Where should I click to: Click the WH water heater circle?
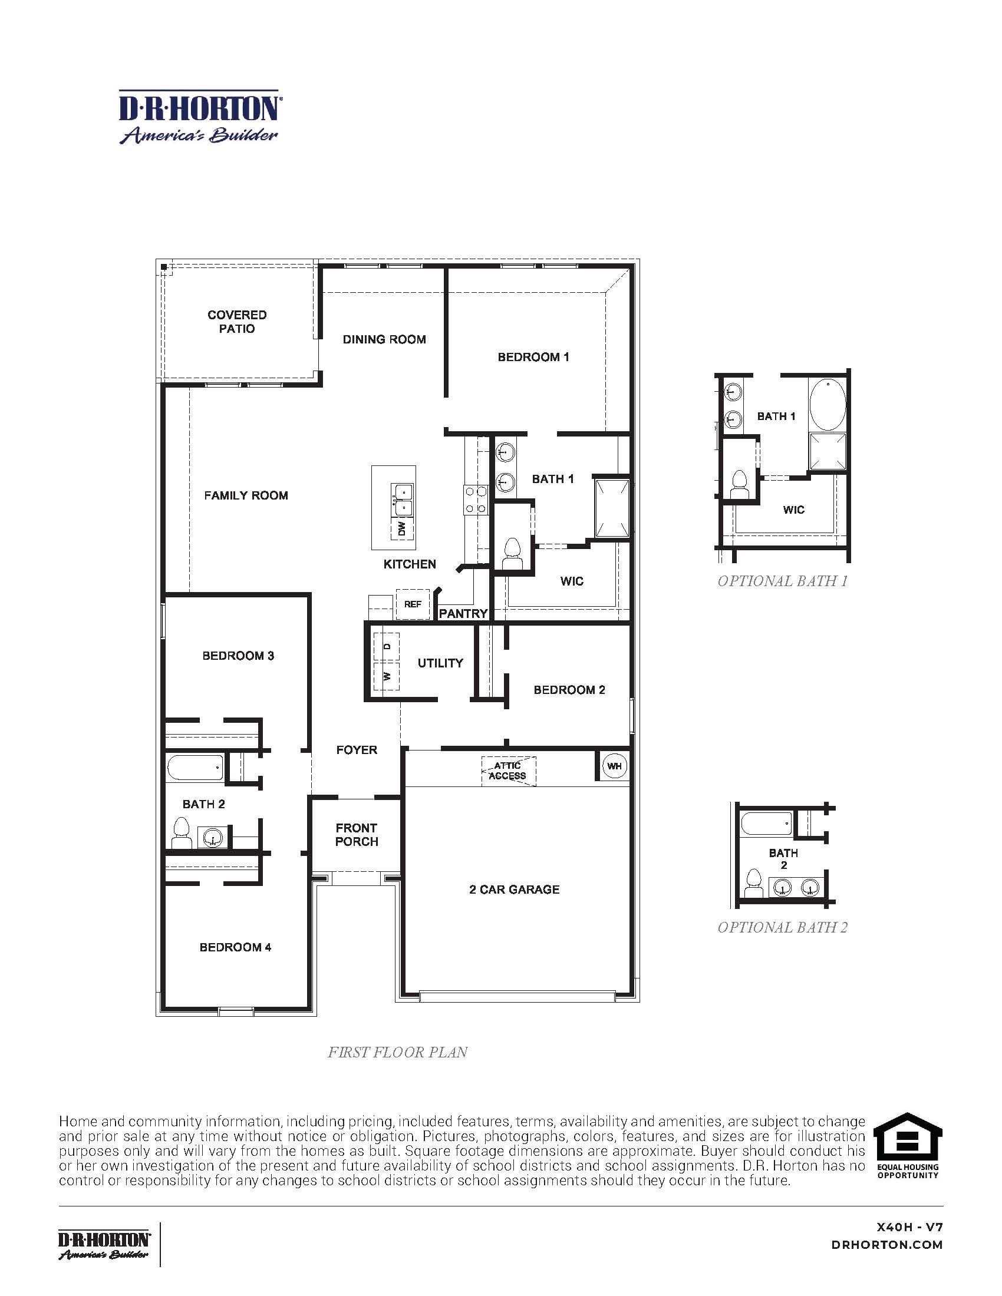(x=614, y=766)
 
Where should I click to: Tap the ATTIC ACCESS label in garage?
(x=507, y=771)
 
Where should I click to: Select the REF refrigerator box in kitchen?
(x=413, y=604)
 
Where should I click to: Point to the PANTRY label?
(x=463, y=614)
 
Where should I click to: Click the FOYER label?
(x=356, y=750)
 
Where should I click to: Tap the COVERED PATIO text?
(x=237, y=322)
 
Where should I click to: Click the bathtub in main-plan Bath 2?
(x=196, y=767)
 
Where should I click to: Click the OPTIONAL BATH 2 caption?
(x=782, y=927)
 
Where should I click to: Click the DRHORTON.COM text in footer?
(x=887, y=1245)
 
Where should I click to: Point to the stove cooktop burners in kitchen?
(x=476, y=499)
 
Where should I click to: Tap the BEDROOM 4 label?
(x=235, y=947)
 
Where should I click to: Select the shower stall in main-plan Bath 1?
(x=612, y=507)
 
